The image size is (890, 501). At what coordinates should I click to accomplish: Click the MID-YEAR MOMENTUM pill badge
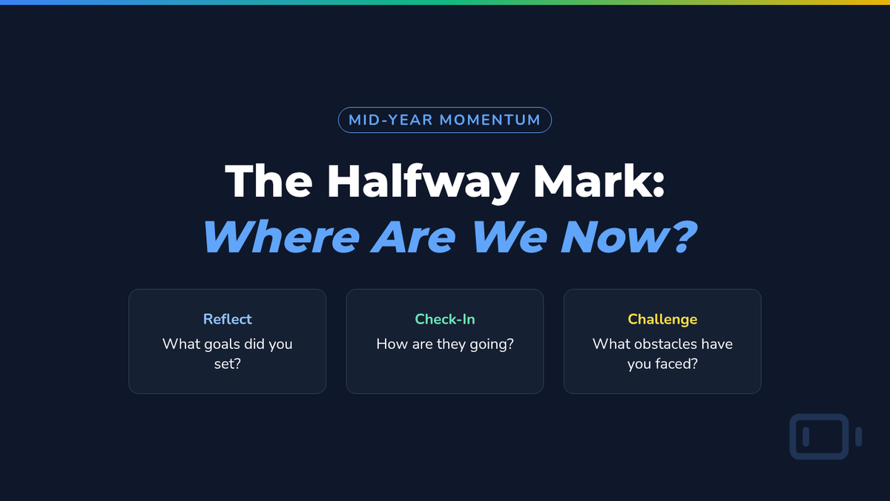pos(444,120)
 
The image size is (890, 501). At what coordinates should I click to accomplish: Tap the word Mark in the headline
pos(590,181)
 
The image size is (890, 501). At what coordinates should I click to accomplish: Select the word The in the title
pos(268,181)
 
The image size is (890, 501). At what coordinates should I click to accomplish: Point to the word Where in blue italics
pos(281,237)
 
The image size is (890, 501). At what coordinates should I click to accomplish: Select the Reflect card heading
pos(227,319)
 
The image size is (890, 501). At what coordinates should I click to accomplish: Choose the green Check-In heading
pos(444,319)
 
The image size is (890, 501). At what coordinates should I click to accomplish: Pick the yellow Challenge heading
pos(662,320)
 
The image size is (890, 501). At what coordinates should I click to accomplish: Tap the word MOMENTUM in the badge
pos(490,120)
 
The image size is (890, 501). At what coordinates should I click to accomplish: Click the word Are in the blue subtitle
pos(413,237)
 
